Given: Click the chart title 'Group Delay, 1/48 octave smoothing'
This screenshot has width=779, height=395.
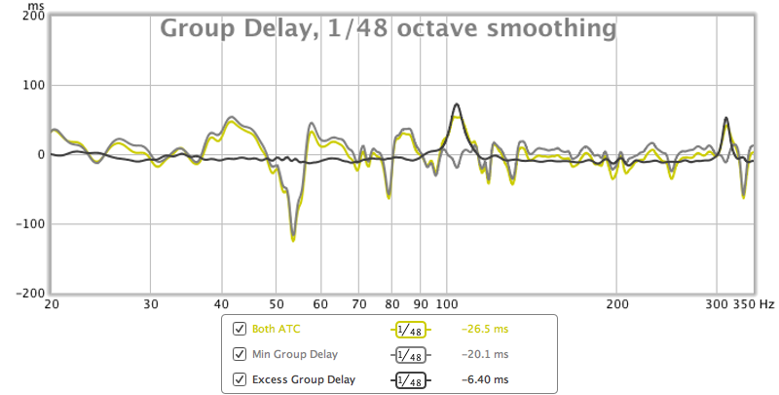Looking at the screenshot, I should pos(388,29).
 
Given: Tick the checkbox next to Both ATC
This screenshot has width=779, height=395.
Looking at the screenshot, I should pos(240,330).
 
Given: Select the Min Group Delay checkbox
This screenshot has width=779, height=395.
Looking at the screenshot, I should pos(240,354).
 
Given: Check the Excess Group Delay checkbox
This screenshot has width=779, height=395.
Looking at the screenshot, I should pos(240,378).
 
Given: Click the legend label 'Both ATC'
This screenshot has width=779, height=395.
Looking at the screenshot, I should pos(275,330).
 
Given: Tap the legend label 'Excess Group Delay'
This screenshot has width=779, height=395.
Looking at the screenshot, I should pos(304,378).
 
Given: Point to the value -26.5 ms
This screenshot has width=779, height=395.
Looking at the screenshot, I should pos(485,330).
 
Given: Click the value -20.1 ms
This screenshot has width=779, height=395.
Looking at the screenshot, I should pos(485,354).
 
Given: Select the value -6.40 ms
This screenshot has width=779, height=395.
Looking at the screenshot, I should pos(485,378).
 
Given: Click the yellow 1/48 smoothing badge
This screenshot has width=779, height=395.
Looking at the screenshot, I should pos(410,330).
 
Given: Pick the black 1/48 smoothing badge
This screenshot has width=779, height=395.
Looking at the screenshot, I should pos(410,378).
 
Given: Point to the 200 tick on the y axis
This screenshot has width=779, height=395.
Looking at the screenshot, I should pos(31,17).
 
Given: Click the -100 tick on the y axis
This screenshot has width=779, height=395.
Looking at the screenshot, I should pos(28,224).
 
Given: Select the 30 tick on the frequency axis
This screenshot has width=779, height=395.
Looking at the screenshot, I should pos(150,304).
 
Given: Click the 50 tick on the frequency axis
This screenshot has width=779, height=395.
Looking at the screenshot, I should pos(275,304).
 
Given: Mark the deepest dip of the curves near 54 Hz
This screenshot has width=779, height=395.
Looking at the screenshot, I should pos(293,238).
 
